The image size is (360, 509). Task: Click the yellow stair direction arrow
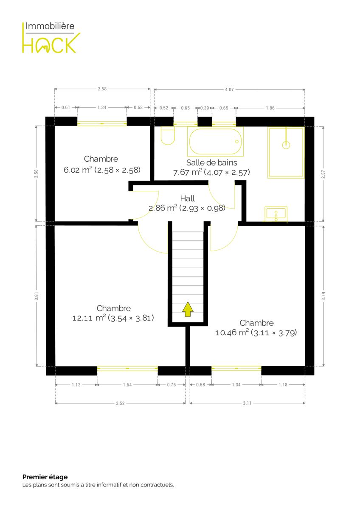click(188, 309)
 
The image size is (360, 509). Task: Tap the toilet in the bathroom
click(168, 136)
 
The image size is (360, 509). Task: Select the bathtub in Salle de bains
click(215, 141)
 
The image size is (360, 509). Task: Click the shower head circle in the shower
click(286, 145)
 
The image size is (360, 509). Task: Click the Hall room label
click(187, 199)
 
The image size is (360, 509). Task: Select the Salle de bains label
click(211, 162)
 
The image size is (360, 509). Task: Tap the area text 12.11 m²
click(89, 318)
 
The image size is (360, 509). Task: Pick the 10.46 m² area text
click(232, 333)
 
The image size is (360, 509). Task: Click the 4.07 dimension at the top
click(229, 89)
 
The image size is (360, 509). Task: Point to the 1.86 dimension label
click(270, 108)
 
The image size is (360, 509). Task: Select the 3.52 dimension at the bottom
click(120, 403)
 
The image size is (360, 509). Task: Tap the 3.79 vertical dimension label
click(323, 296)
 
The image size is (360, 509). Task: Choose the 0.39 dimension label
click(205, 108)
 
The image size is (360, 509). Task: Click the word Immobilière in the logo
click(50, 26)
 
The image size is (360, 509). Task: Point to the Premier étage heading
click(45, 477)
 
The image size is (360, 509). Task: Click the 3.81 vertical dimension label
click(36, 296)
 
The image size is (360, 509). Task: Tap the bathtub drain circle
click(237, 141)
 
